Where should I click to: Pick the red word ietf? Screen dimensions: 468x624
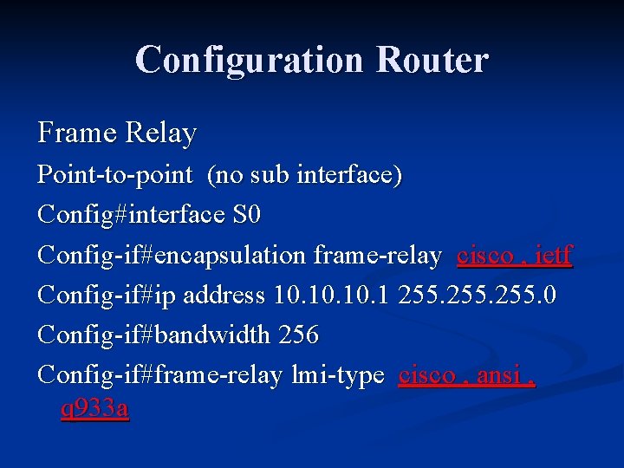click(555, 256)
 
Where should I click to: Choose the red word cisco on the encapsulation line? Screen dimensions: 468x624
click(485, 256)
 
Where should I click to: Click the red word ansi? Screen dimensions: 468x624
click(497, 375)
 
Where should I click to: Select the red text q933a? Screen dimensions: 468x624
click(95, 407)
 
